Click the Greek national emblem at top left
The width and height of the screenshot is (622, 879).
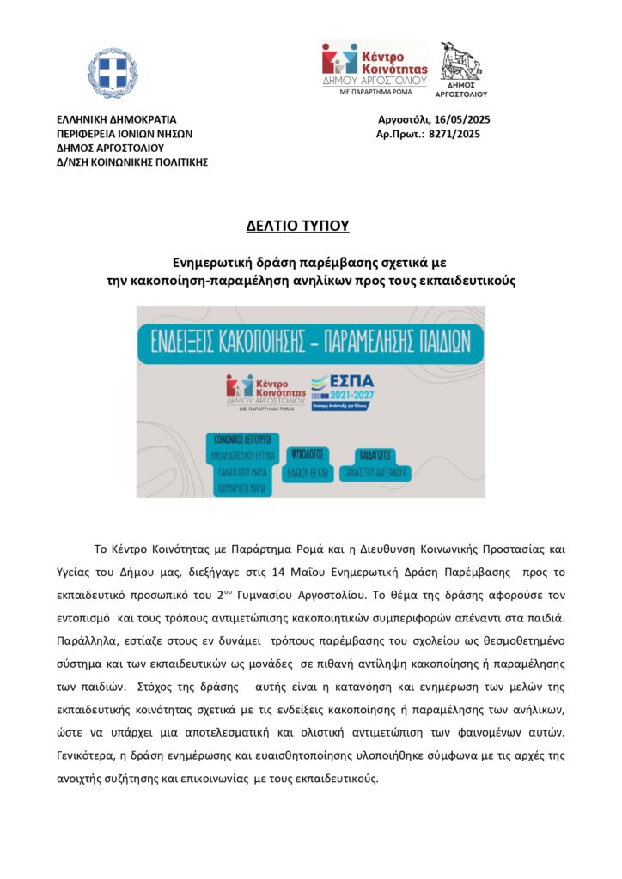[113, 74]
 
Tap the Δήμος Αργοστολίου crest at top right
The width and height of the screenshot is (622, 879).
[461, 69]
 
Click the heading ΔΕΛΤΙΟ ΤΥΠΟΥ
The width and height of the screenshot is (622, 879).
[296, 227]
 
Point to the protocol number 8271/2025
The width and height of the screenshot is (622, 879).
[454, 134]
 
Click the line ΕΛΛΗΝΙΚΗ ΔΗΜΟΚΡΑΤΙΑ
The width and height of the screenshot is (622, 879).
[116, 120]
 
